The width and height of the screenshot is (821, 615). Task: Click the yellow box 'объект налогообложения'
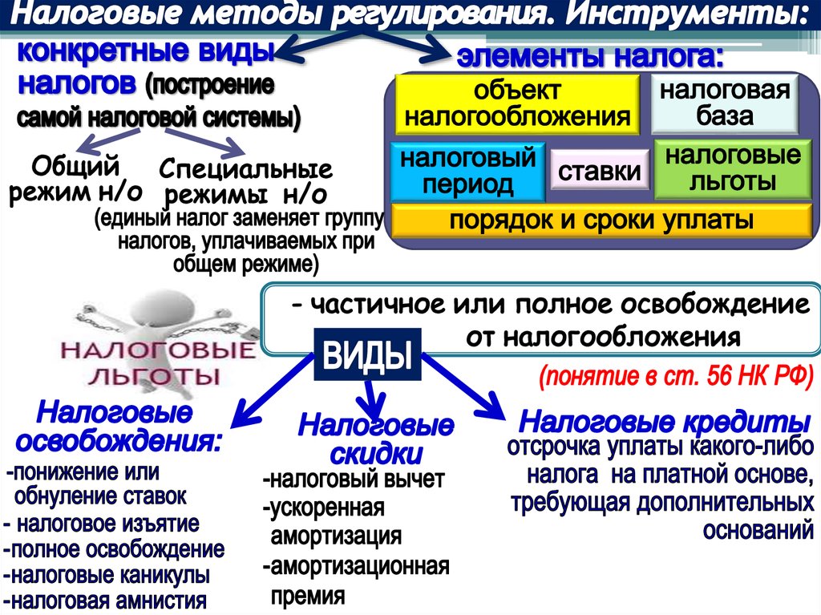[x=516, y=103]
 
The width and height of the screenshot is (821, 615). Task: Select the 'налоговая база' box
[x=724, y=103]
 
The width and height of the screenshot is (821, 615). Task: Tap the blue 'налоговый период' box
[x=468, y=171]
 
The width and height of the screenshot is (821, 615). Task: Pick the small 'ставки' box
[x=600, y=172]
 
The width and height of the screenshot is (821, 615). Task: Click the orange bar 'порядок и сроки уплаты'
[x=601, y=221]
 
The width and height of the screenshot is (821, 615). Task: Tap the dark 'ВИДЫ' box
[x=367, y=355]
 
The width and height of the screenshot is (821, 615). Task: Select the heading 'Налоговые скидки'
[x=376, y=439]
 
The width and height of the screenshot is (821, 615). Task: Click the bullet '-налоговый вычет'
[x=353, y=480]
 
